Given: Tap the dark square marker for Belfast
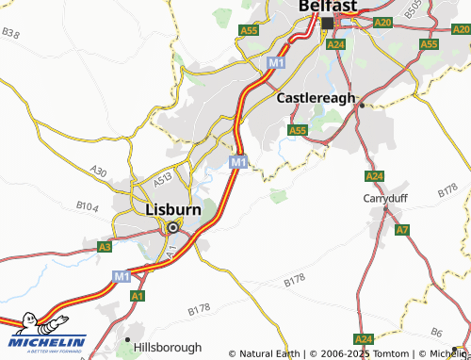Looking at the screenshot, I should [x=328, y=23].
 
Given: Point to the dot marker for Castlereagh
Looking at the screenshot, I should [x=362, y=106].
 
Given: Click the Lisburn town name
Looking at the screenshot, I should [x=173, y=209].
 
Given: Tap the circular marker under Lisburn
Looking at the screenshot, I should [x=173, y=226].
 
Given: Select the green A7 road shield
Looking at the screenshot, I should [x=402, y=230].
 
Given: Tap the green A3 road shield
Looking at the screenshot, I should [x=105, y=246].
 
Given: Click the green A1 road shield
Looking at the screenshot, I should [x=138, y=296].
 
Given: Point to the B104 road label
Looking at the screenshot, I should [x=87, y=205].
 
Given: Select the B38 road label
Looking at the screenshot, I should [x=10, y=33].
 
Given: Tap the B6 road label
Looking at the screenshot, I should [x=436, y=331].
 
